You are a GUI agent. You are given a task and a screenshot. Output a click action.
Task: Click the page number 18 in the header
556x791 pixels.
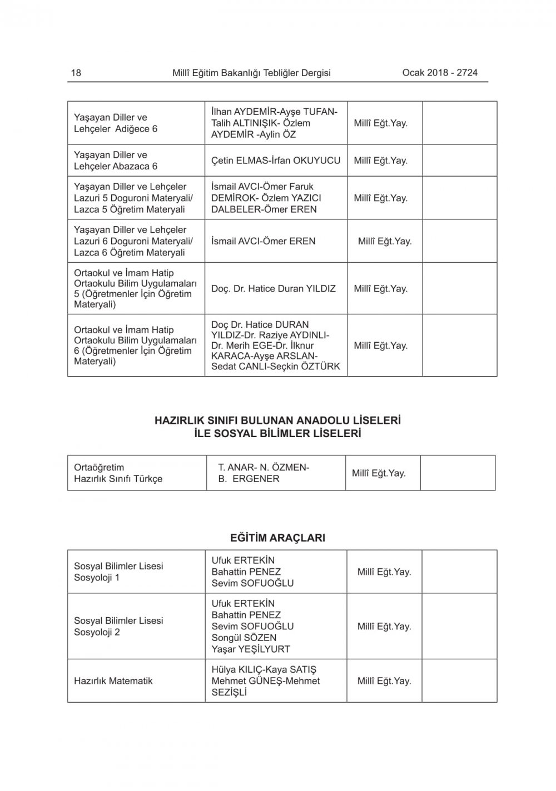tap(76, 73)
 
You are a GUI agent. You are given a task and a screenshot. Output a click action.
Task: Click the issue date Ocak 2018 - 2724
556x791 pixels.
tap(439, 73)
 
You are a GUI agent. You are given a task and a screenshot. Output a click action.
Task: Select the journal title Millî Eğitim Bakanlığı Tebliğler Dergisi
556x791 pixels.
tap(251, 73)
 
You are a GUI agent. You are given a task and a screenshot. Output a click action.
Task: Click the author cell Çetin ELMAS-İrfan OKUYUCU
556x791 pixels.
tap(276, 161)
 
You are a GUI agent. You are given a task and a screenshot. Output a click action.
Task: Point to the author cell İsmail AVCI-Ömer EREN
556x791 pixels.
tap(263, 241)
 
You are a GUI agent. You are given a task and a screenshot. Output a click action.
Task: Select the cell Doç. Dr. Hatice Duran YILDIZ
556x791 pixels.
tap(274, 289)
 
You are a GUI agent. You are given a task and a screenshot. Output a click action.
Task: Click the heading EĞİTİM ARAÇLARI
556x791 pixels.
tap(277, 538)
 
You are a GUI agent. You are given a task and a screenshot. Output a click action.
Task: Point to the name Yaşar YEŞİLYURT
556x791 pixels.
tap(251, 649)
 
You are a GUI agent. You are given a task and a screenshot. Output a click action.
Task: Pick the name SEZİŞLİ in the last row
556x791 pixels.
tap(229, 692)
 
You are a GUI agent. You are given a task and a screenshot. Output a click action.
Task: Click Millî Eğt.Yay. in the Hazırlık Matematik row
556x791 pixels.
tap(384, 681)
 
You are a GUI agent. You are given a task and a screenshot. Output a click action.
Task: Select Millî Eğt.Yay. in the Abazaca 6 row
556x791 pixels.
tap(381, 161)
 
